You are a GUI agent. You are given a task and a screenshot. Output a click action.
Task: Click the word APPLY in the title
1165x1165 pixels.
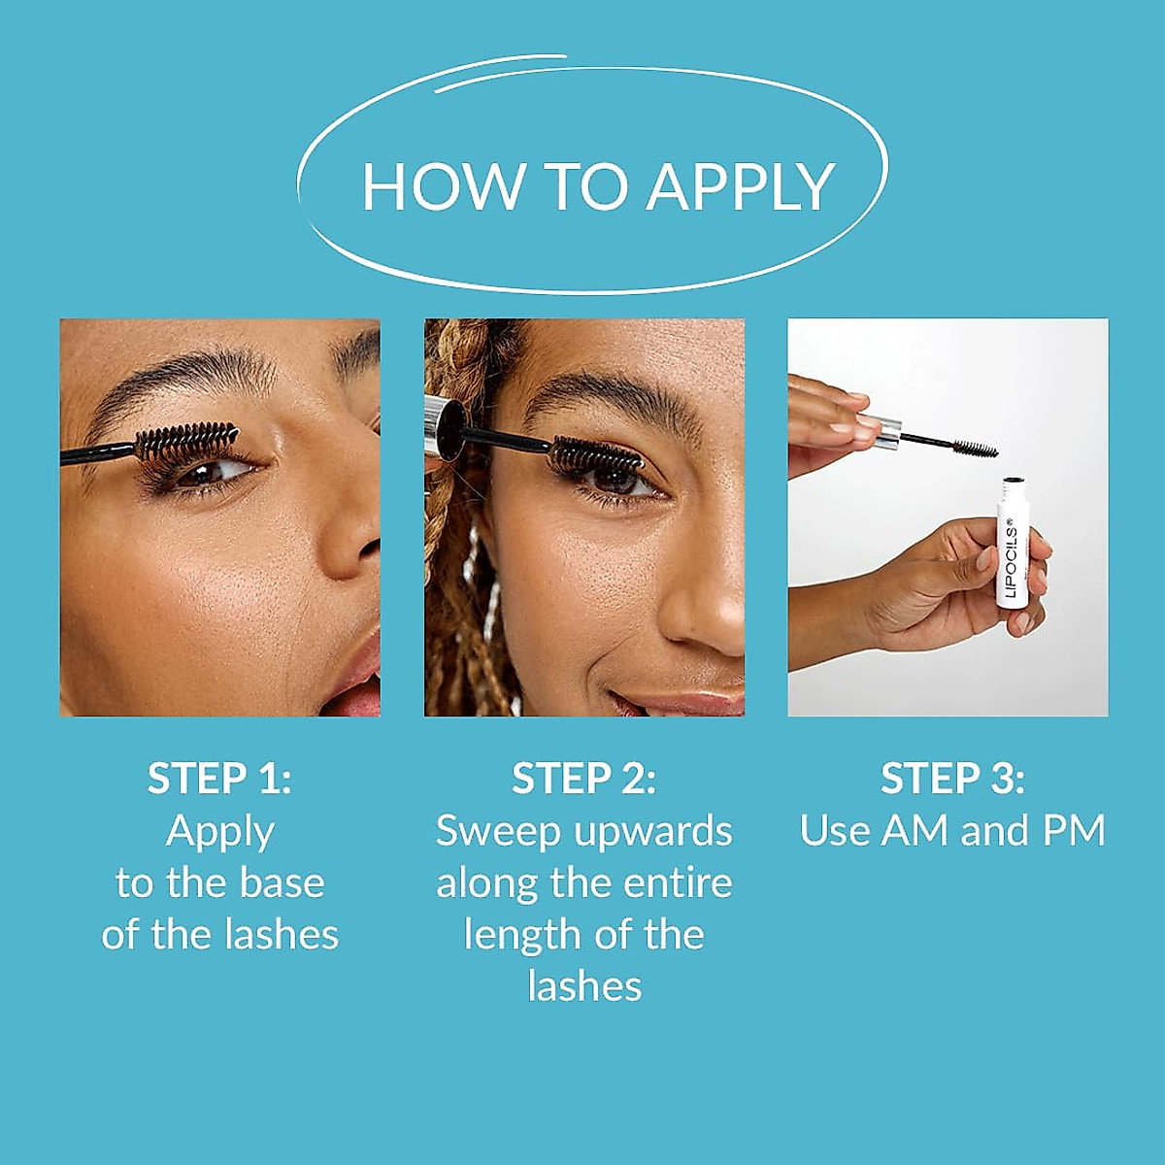tap(741, 186)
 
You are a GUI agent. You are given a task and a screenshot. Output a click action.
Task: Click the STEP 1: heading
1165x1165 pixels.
tap(219, 779)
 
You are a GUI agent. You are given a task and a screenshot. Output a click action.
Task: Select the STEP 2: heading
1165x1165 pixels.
tap(583, 779)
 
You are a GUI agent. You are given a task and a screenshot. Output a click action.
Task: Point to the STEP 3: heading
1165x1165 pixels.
tap(952, 779)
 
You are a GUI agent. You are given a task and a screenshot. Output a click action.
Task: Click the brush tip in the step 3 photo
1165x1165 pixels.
tap(974, 449)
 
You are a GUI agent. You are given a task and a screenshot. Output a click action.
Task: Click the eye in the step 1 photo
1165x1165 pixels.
tap(209, 474)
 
